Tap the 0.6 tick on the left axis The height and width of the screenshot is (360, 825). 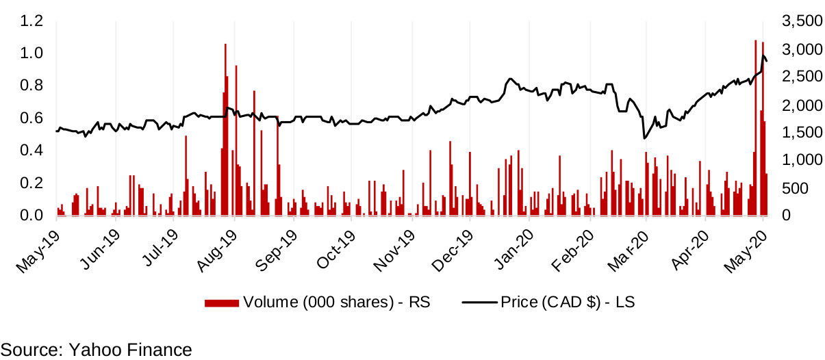pos(31,118)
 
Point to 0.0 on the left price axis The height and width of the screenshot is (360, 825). pos(31,216)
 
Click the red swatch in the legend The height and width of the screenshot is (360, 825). pos(222,302)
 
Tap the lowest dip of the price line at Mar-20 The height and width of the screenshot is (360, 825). pos(644,138)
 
